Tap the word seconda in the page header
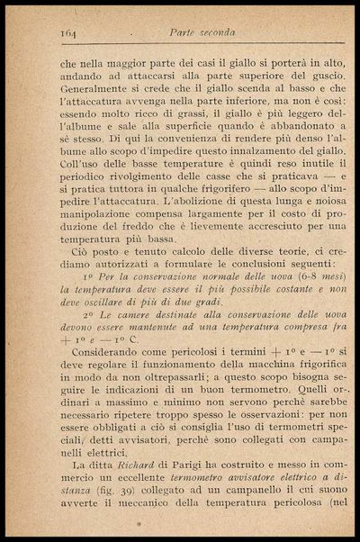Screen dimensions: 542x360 point(217,32)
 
